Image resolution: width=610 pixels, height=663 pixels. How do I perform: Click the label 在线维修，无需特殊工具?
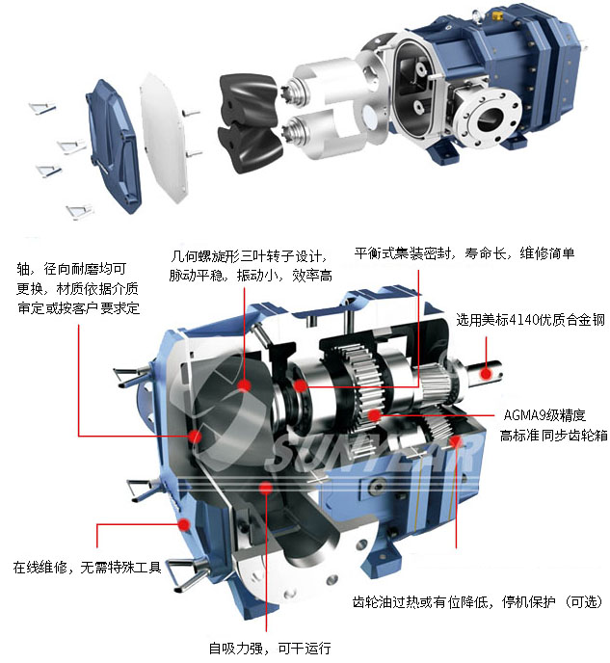pos(88,567)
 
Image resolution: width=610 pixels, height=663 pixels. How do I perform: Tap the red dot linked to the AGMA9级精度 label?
pos(375,415)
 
